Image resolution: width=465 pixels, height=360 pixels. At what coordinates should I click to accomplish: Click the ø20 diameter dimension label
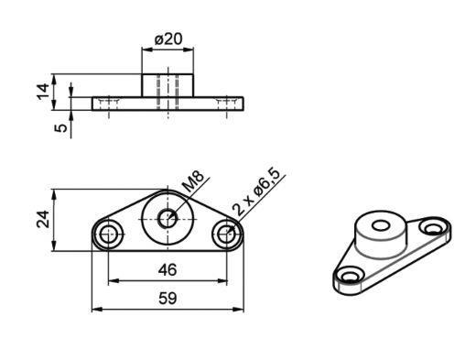[x=168, y=39]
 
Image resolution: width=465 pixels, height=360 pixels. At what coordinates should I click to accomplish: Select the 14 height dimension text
[x=43, y=92]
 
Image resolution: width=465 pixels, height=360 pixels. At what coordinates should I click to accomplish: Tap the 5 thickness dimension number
[x=61, y=127]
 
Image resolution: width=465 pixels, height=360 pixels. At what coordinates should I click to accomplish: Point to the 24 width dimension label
[x=43, y=219]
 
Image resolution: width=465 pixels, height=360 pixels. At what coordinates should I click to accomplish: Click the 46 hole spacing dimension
[x=168, y=270]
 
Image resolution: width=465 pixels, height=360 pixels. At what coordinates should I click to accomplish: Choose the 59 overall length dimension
[x=168, y=299]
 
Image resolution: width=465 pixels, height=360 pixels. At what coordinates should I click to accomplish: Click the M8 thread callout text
[x=192, y=181]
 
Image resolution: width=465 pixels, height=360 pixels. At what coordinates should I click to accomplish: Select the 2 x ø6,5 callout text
[x=255, y=191]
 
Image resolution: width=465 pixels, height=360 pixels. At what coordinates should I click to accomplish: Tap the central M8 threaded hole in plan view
[x=168, y=219]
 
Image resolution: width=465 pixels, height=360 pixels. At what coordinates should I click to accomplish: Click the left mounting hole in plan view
[x=108, y=235]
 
